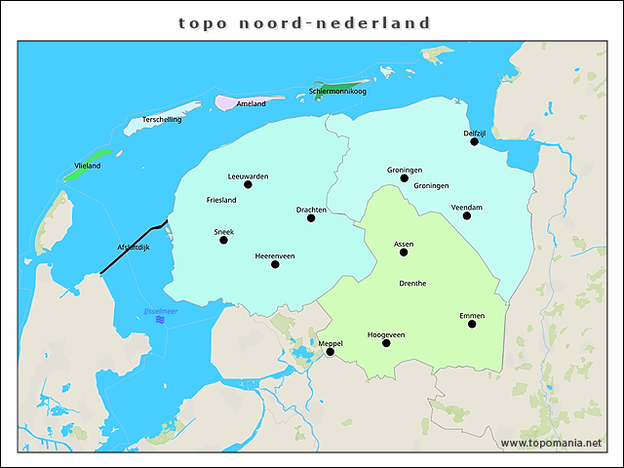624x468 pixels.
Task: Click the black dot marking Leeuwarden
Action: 248,184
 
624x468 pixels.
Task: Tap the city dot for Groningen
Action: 405,177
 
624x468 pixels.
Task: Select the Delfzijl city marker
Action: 475,141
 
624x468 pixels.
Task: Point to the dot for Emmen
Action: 472,324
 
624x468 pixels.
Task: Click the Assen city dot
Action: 404,252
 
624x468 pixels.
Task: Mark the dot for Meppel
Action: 330,352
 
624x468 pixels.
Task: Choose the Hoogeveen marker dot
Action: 387,343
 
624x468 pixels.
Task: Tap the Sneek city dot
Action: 224,240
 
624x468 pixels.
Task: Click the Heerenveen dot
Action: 275,263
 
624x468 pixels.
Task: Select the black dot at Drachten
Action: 311,217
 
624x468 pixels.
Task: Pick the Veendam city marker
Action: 467,215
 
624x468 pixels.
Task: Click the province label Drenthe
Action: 412,284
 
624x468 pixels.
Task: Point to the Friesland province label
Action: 221,200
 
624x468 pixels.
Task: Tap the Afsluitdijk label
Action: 133,247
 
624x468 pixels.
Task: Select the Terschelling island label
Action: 162,120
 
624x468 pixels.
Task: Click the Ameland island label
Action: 252,103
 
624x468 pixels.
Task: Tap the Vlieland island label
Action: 88,167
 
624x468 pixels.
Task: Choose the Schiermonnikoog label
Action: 337,92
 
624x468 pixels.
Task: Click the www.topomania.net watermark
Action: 551,443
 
